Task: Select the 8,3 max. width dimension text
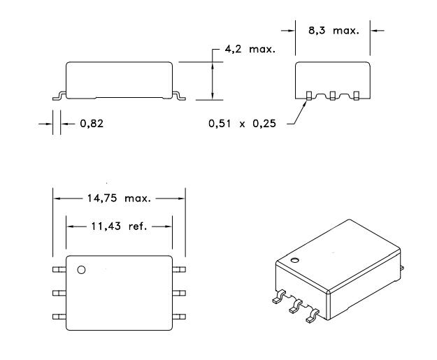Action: pyautogui.click(x=332, y=31)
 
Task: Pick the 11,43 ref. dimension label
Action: pyautogui.click(x=119, y=226)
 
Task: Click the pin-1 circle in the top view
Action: pyautogui.click(x=81, y=269)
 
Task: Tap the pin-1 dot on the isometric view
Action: pyautogui.click(x=294, y=261)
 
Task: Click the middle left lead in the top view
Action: pyautogui.click(x=58, y=292)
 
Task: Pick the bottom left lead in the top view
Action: pyautogui.click(x=58, y=317)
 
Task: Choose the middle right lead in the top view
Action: pyautogui.click(x=180, y=292)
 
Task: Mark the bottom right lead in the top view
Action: pyautogui.click(x=180, y=317)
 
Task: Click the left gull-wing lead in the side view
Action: pyautogui.click(x=59, y=94)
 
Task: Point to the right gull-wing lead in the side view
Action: pyautogui.click(x=179, y=94)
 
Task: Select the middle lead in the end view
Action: pyautogui.click(x=332, y=94)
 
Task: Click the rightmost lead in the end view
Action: pyautogui.click(x=356, y=94)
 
